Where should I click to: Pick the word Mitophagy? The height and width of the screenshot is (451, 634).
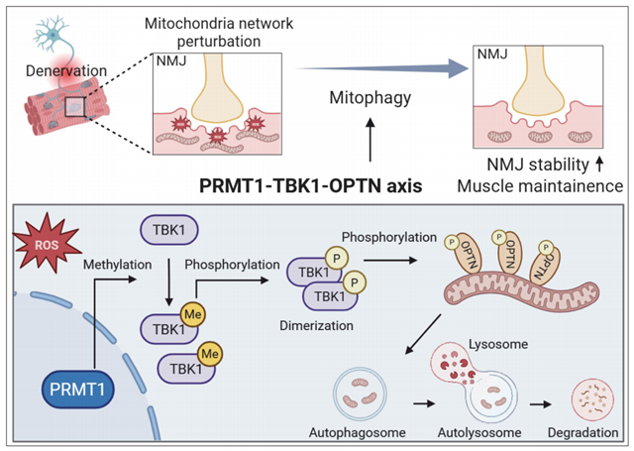pos(369,100)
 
